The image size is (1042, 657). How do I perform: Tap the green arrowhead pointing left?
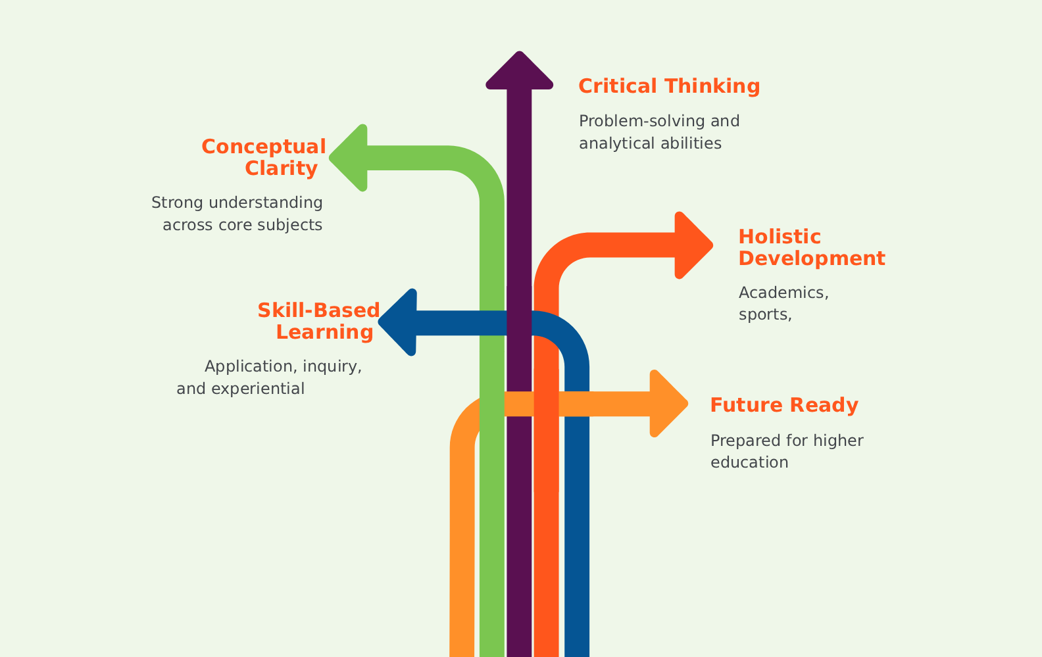(x=351, y=158)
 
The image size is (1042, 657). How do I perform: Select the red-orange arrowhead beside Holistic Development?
(x=692, y=245)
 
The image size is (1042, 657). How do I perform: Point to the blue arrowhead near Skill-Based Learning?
(x=401, y=322)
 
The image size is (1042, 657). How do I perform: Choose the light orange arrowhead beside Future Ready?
(x=667, y=404)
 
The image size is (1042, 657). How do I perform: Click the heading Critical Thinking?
(x=669, y=86)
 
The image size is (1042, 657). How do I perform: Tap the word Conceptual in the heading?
(x=264, y=147)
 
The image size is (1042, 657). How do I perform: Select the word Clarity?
(x=282, y=168)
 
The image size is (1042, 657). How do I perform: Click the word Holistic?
(x=780, y=237)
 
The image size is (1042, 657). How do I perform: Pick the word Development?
(x=812, y=258)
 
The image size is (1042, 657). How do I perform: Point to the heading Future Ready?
(x=784, y=405)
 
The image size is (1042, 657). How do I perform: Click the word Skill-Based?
(x=318, y=310)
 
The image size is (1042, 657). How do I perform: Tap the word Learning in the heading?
(x=324, y=332)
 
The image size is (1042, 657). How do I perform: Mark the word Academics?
(x=783, y=293)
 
